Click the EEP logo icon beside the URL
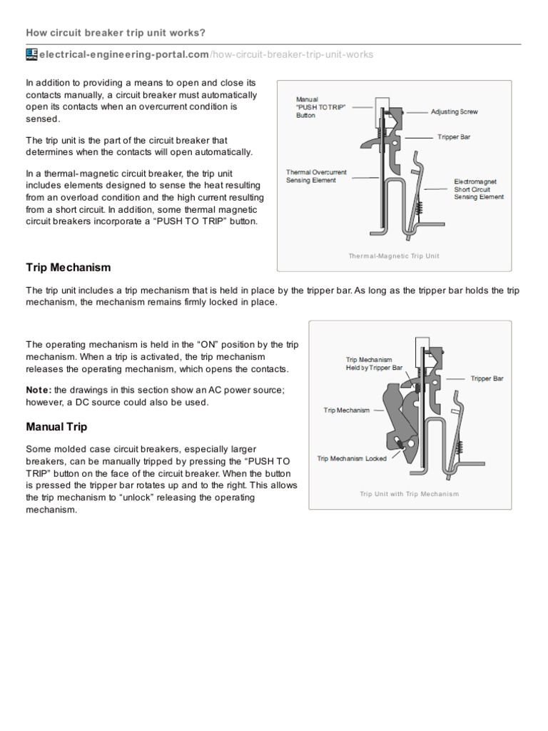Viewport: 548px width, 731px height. click(x=31, y=55)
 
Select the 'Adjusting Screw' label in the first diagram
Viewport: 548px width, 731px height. click(x=455, y=112)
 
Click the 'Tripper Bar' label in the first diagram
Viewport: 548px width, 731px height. click(x=454, y=136)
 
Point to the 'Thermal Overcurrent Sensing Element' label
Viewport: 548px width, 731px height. click(x=311, y=176)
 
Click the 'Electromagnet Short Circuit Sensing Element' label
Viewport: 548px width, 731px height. click(x=478, y=189)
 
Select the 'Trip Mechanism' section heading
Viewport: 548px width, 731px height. click(x=68, y=268)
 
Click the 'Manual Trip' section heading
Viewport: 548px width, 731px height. click(x=56, y=428)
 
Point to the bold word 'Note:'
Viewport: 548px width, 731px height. click(x=39, y=390)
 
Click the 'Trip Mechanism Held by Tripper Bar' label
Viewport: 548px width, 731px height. click(x=370, y=363)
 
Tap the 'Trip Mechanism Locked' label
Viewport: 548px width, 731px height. click(x=352, y=458)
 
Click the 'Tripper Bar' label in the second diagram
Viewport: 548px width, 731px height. click(x=487, y=378)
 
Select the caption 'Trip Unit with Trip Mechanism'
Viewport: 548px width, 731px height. click(x=409, y=493)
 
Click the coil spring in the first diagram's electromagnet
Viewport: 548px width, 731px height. click(x=420, y=208)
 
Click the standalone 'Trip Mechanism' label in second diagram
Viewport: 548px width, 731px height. click(x=347, y=410)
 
